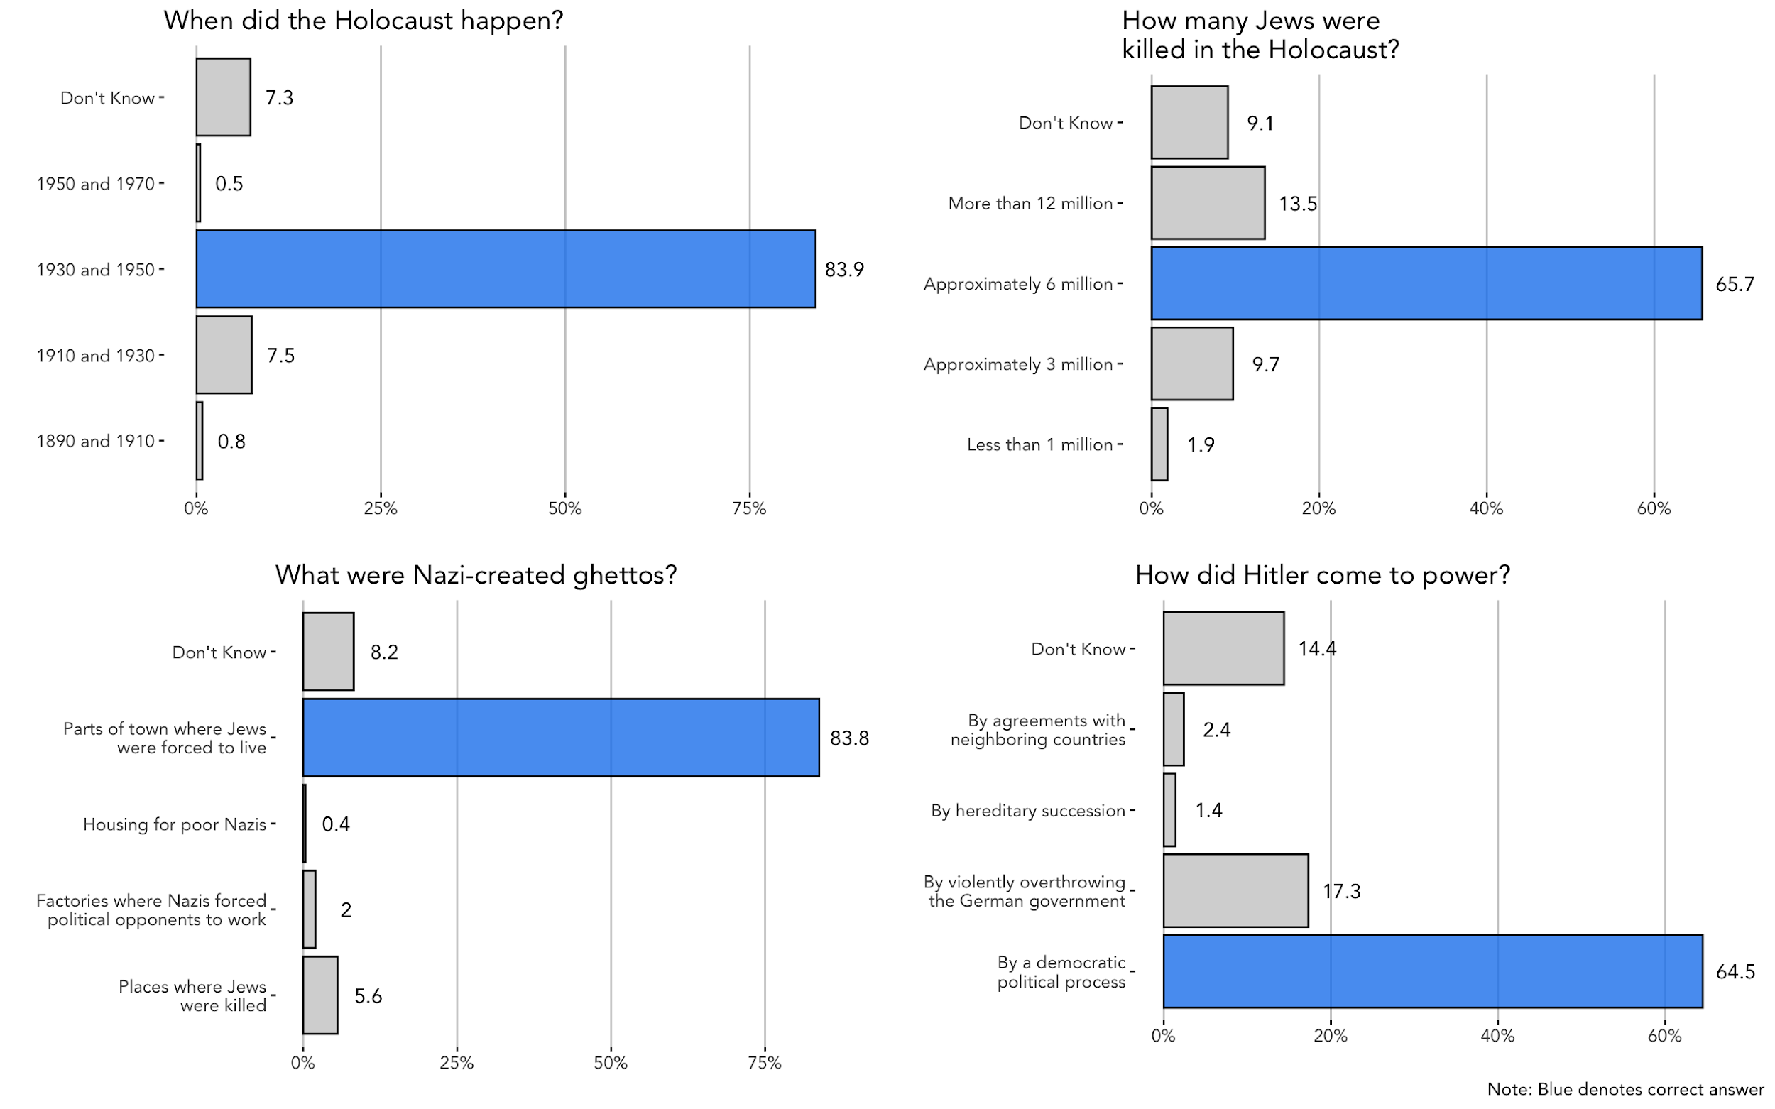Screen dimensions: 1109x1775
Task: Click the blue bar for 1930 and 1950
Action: pos(505,269)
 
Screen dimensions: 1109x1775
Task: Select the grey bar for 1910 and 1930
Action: pos(224,355)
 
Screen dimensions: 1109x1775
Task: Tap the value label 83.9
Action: pos(843,270)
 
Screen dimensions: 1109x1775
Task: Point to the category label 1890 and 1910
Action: pos(95,442)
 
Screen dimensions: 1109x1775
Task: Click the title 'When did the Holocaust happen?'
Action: pos(363,21)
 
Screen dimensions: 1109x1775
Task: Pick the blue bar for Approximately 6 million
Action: pos(1425,284)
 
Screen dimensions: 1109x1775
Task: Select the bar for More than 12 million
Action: pos(1207,203)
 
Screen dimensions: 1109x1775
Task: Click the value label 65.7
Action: pos(1734,285)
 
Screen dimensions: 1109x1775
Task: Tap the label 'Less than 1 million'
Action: pos(1039,445)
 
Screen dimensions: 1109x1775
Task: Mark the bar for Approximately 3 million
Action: pos(1191,364)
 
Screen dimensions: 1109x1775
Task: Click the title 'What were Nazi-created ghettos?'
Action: pos(475,575)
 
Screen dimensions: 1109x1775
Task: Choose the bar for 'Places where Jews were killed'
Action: pos(319,995)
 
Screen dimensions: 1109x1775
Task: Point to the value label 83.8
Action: pos(848,738)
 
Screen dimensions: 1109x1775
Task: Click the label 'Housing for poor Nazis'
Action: pos(175,825)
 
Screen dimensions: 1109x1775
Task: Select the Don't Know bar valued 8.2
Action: pos(328,652)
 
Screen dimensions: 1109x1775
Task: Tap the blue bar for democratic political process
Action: pos(1432,972)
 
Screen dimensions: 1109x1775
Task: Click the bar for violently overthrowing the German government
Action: pos(1235,891)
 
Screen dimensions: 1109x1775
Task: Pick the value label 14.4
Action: pos(1316,649)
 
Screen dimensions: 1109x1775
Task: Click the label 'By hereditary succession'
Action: pos(1027,812)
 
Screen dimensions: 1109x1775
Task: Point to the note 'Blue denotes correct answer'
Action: pos(1624,1090)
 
